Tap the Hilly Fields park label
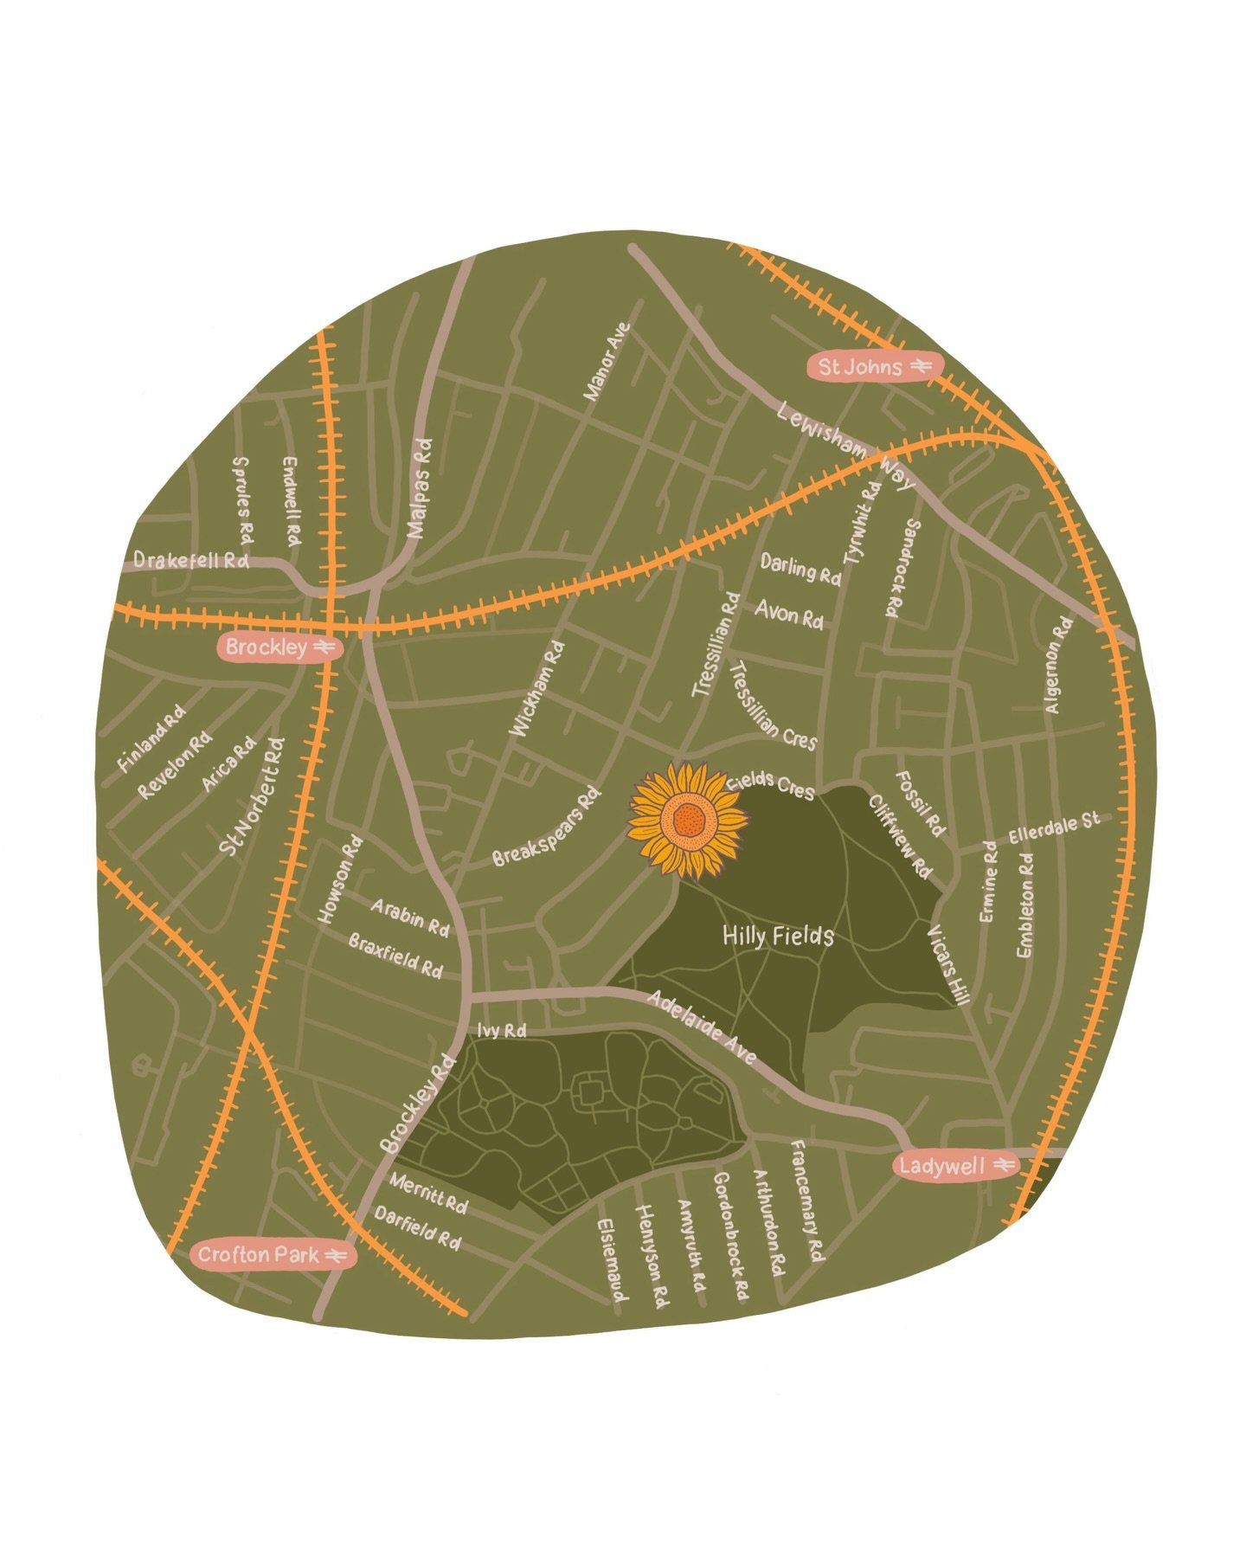pos(778,936)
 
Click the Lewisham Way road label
pos(844,445)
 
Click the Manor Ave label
pos(607,362)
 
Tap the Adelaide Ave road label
pos(702,1027)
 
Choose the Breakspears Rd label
pos(546,827)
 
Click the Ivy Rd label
pos(502,1031)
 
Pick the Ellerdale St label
pos(1054,827)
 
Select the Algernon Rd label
pos(1058,665)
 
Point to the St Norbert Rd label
pos(252,797)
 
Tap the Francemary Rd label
pos(807,1201)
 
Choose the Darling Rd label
pos(800,569)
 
